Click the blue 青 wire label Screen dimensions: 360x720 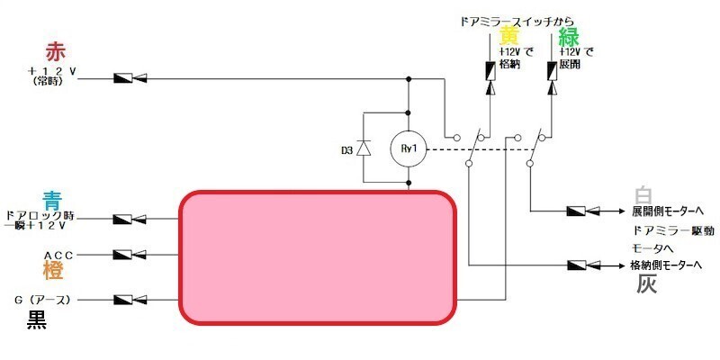pyautogui.click(x=51, y=200)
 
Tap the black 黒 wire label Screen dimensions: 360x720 pyautogui.click(x=37, y=318)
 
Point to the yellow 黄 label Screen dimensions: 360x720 pyautogui.click(x=509, y=36)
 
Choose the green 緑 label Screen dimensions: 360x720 pyautogui.click(x=568, y=37)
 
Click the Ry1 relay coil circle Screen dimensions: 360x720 pyautogui.click(x=408, y=148)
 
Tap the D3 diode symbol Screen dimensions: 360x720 pyautogui.click(x=364, y=148)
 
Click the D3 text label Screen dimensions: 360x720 pyautogui.click(x=346, y=149)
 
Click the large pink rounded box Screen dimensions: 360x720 pyautogui.click(x=318, y=256)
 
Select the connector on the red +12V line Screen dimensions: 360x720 pyautogui.click(x=131, y=79)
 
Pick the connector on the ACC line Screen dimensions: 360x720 pyautogui.click(x=131, y=255)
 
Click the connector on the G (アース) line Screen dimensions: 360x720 pyautogui.click(x=131, y=299)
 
